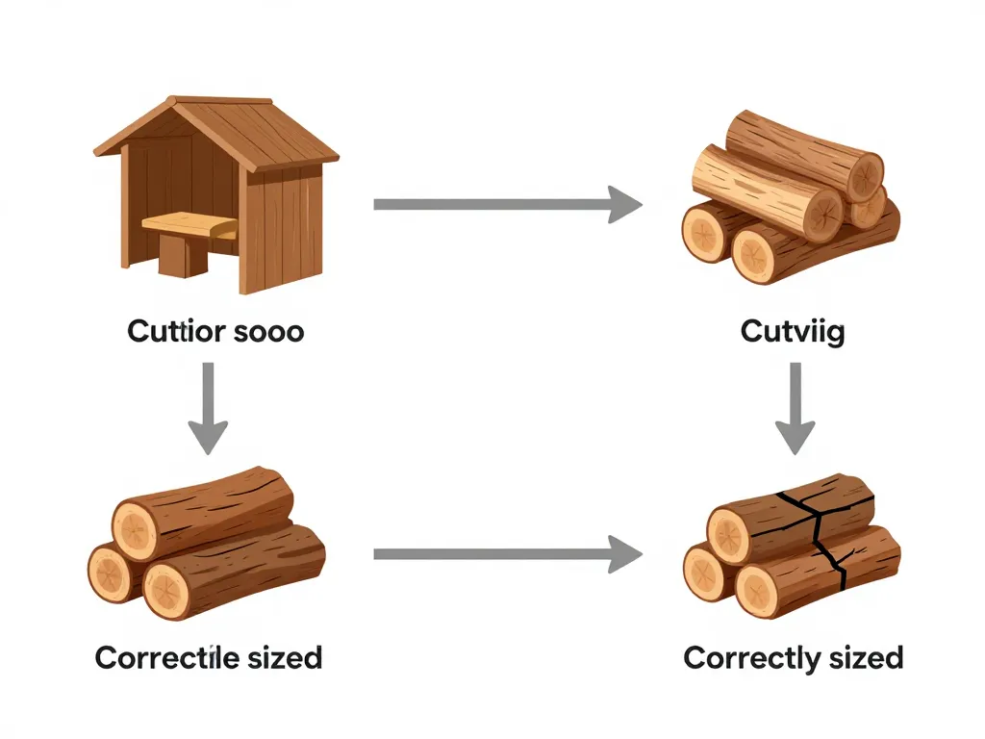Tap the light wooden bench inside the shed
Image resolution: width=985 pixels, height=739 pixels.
[x=189, y=227]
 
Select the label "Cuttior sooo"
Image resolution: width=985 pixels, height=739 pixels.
[x=215, y=333]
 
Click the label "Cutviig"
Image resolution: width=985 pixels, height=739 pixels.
[x=793, y=333]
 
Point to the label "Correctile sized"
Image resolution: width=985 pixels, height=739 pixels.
[x=209, y=658]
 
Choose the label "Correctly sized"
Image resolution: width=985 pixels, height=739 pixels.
[x=793, y=658]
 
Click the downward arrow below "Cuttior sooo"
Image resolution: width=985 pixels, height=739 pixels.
[x=208, y=408]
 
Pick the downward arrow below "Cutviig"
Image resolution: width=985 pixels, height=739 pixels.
[x=795, y=408]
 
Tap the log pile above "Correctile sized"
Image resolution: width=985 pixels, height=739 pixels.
[x=207, y=545]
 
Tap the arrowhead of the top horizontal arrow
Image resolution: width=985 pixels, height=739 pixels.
[x=625, y=204]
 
